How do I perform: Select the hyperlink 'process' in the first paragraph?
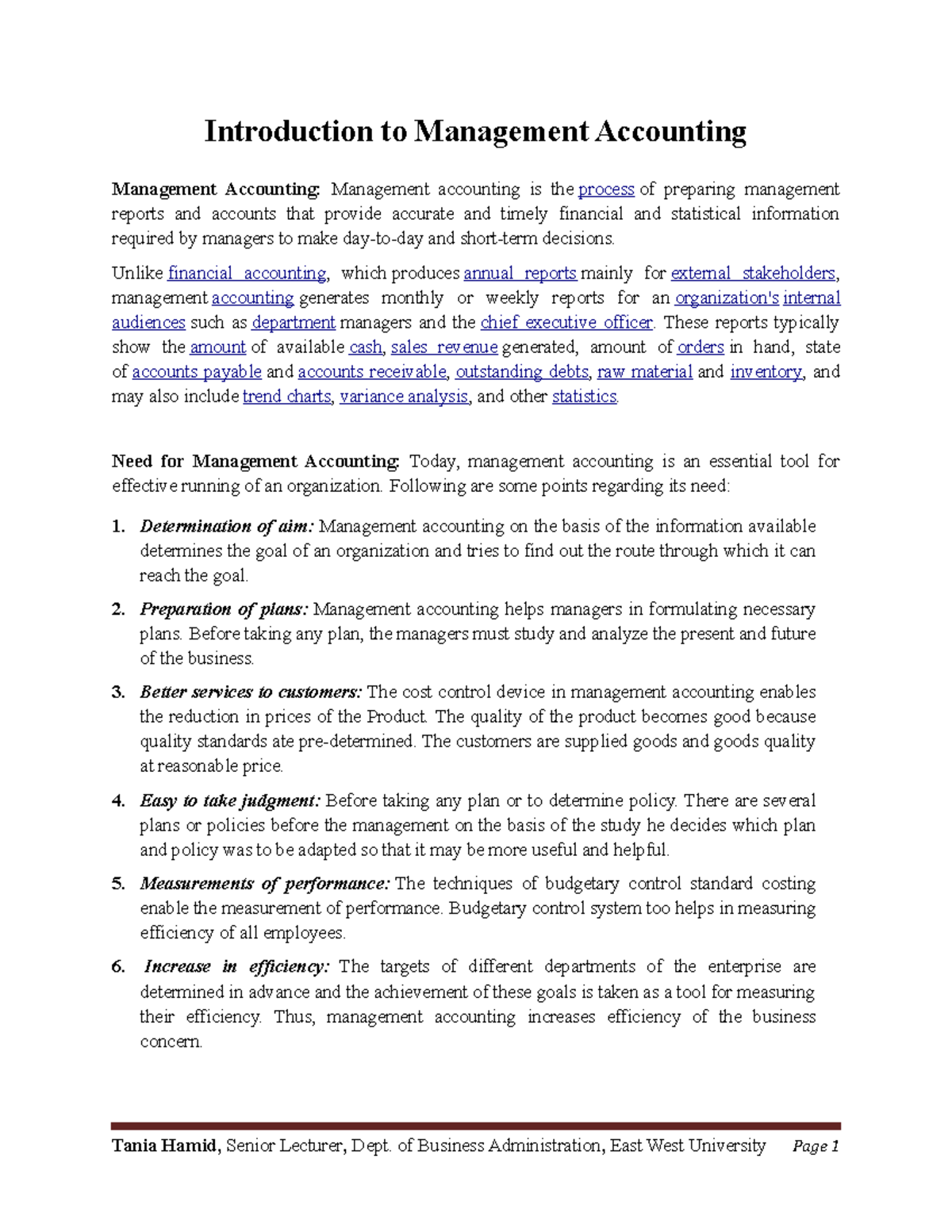pos(606,190)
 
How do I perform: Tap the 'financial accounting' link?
pos(247,274)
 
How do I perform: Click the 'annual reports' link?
pos(520,274)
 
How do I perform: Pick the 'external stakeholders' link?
pos(753,274)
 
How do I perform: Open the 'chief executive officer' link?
pos(566,323)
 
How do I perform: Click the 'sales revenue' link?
pos(444,347)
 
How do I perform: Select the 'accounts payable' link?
pos(196,372)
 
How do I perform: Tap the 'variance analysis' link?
pos(404,397)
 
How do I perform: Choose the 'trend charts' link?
pos(286,397)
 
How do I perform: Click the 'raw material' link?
pos(644,372)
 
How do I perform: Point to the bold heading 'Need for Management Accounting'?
pos(255,462)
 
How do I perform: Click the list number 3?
pos(118,693)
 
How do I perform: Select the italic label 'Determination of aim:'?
pos(227,527)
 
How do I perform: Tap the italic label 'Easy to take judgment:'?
pos(230,801)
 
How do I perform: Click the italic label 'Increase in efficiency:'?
pos(236,967)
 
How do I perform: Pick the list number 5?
pos(118,885)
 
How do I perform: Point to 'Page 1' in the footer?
pos(816,1147)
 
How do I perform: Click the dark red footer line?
pos(475,1126)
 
